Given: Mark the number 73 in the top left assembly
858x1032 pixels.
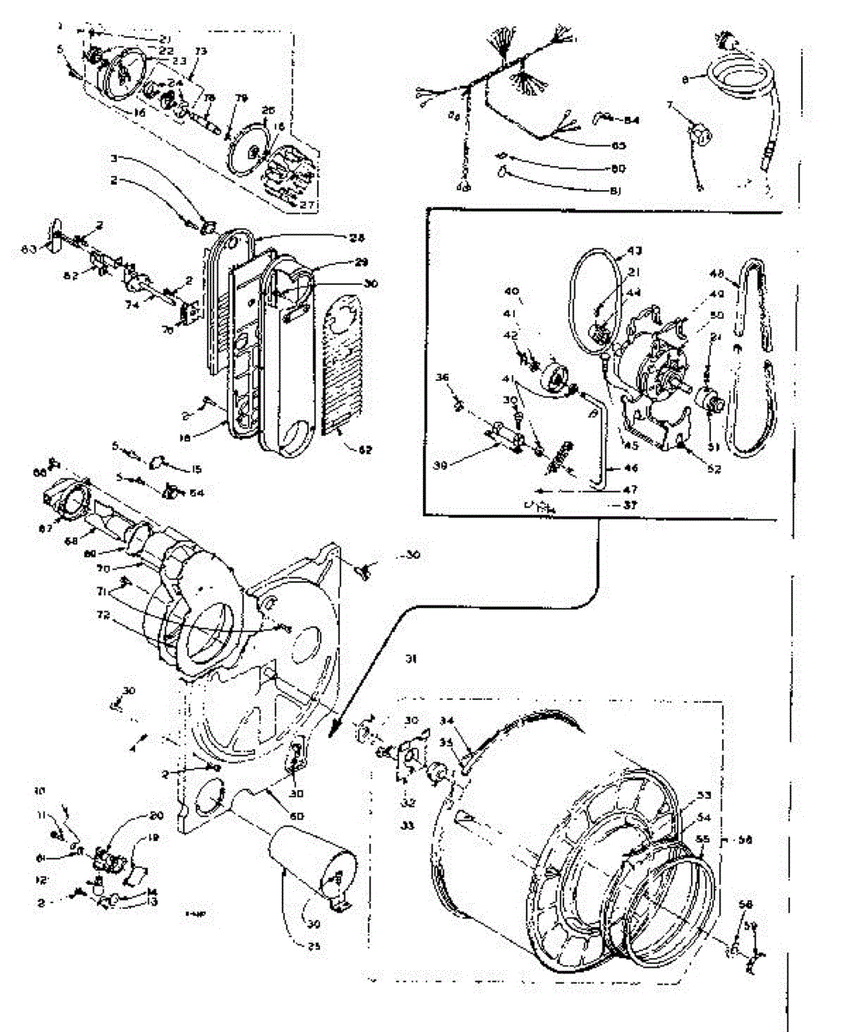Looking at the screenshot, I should click(x=201, y=52).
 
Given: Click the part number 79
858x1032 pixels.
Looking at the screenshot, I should click(x=241, y=99).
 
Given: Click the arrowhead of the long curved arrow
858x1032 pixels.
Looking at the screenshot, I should click(x=331, y=734).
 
